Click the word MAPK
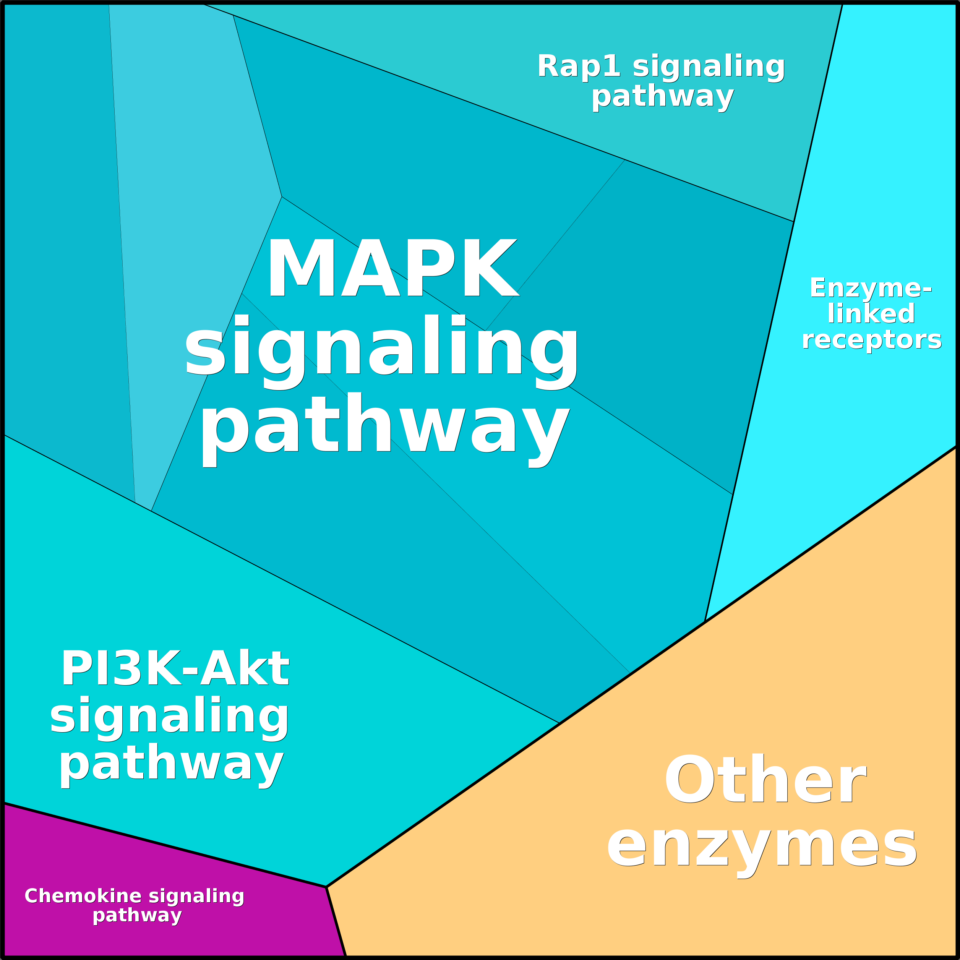coord(393,268)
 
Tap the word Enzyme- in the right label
coord(871,288)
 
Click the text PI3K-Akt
coord(175,669)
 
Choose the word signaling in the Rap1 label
coord(709,68)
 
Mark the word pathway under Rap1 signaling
coord(662,97)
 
